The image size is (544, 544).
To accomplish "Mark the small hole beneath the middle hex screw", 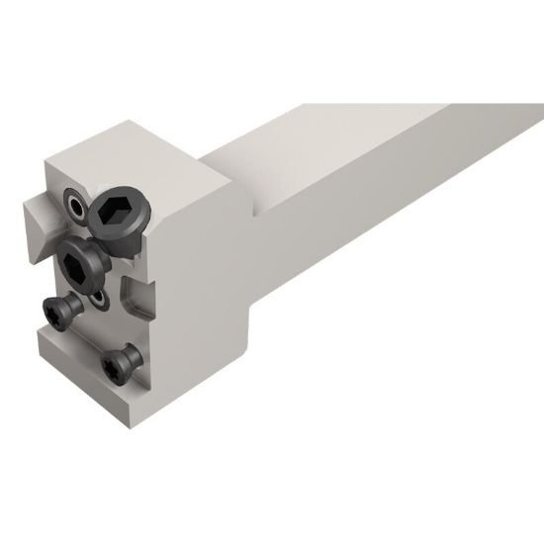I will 101,298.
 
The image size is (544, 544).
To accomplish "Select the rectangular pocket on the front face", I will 136,295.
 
